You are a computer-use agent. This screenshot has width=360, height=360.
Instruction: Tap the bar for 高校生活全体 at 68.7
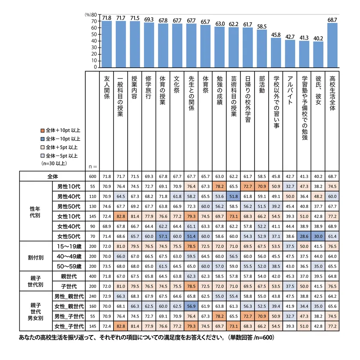pyautogui.click(x=332, y=45)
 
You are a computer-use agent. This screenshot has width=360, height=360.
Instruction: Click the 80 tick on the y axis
pyautogui.click(x=94, y=15)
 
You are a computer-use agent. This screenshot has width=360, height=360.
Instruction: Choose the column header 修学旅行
pyautogui.click(x=149, y=88)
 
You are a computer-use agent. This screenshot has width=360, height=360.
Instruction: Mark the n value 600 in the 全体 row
pyautogui.click(x=92, y=177)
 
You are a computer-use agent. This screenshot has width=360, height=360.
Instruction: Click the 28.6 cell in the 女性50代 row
pyautogui.click(x=304, y=236)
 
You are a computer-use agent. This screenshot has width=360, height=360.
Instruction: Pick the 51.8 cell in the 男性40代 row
pyautogui.click(x=234, y=197)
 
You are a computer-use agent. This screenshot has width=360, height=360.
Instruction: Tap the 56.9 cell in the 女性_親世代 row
pyautogui.click(x=191, y=306)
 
